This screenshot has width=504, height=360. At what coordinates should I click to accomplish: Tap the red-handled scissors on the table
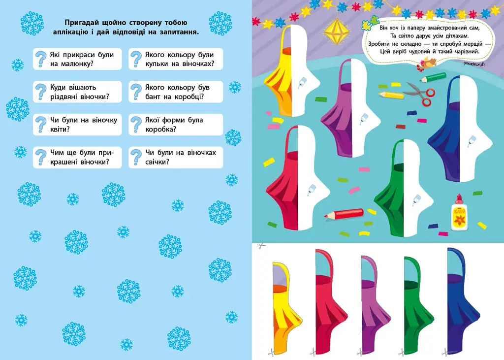(x=419, y=93)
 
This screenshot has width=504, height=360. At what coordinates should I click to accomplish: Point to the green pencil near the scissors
(x=432, y=77)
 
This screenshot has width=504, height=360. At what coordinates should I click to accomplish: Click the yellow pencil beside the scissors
(x=391, y=95)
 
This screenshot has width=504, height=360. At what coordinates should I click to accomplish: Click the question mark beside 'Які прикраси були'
(x=41, y=59)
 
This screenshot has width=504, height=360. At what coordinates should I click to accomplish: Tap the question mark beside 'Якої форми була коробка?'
(x=136, y=125)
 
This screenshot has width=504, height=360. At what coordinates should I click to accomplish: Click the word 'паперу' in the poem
(x=411, y=28)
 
